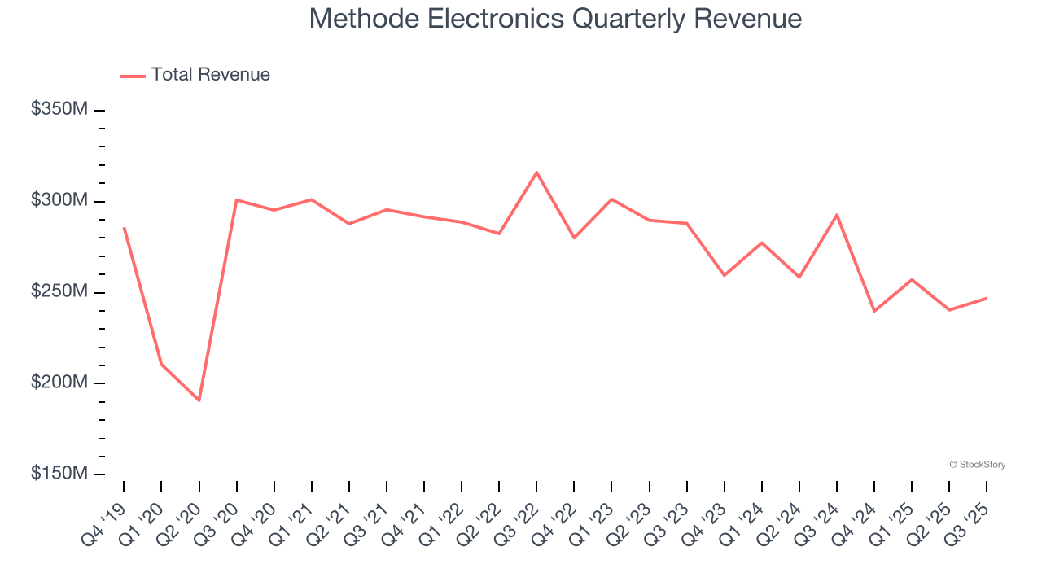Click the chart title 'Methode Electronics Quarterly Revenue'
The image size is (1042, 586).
pyautogui.click(x=555, y=19)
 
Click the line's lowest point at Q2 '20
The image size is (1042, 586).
pyautogui.click(x=199, y=400)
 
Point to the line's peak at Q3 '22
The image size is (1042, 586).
pyautogui.click(x=536, y=172)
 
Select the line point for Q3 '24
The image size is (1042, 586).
pyautogui.click(x=837, y=215)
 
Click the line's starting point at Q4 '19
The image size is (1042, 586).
pyautogui.click(x=124, y=228)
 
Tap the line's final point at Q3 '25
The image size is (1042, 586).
pyautogui.click(x=987, y=298)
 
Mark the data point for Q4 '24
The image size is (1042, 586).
pyautogui.click(x=874, y=311)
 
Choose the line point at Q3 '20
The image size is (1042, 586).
pyautogui.click(x=236, y=199)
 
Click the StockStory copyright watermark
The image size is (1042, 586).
pyautogui.click(x=977, y=465)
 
